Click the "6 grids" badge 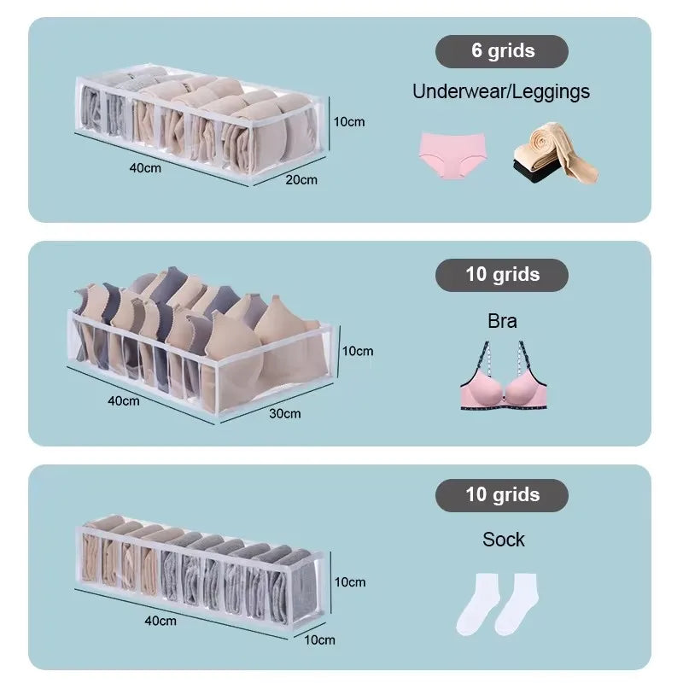tap(502, 51)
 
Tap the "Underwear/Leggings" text tap(501, 92)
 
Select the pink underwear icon tap(452, 155)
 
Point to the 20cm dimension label tap(301, 179)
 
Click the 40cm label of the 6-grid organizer tap(145, 167)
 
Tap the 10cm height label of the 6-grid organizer tap(349, 121)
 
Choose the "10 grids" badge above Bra tap(502, 275)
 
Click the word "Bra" tap(502, 321)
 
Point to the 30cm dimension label tap(285, 413)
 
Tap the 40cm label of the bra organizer tap(124, 400)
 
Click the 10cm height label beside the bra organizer tap(358, 351)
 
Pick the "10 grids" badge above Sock tap(502, 495)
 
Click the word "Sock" tap(504, 540)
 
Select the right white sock tap(518, 604)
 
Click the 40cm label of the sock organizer tap(161, 621)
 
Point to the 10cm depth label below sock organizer tap(319, 639)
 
